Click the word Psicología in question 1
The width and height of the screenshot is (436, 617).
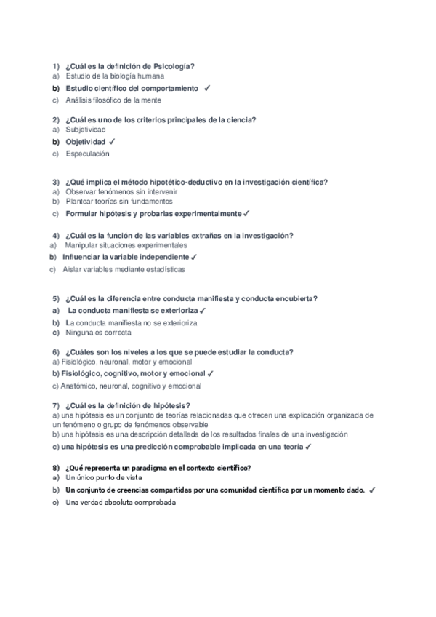[175, 66]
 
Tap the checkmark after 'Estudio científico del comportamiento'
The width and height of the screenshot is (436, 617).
[208, 88]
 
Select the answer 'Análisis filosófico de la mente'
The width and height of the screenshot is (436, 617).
[113, 100]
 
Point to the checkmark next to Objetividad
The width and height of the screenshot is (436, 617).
[112, 141]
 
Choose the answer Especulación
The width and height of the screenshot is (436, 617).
[87, 154]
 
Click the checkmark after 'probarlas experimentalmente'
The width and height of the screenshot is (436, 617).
[247, 214]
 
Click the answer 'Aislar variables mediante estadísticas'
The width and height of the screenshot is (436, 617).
[124, 269]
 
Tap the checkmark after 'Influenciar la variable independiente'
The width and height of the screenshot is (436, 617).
[195, 258]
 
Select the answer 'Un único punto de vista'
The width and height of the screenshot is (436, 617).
[104, 478]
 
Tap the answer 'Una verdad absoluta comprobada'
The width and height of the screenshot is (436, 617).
[121, 503]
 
